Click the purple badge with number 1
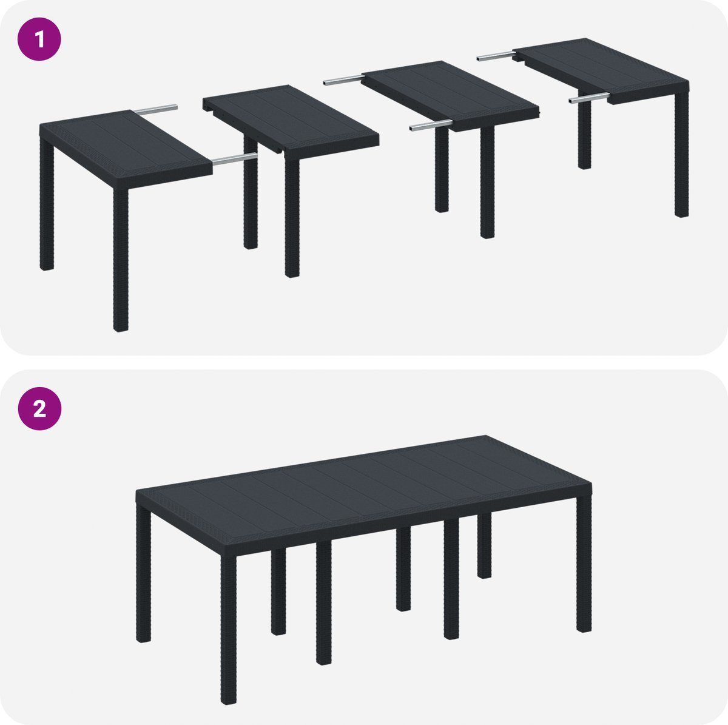[39, 39]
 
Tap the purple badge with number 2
[39, 408]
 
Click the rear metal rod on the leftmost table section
[155, 109]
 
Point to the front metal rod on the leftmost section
[235, 159]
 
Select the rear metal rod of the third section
[344, 79]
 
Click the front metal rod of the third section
[430, 126]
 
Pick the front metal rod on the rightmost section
[589, 98]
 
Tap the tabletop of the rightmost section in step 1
[602, 70]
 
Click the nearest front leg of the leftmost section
[121, 260]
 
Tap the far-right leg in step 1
[681, 153]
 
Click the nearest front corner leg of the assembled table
[228, 630]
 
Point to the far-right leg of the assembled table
[584, 563]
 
